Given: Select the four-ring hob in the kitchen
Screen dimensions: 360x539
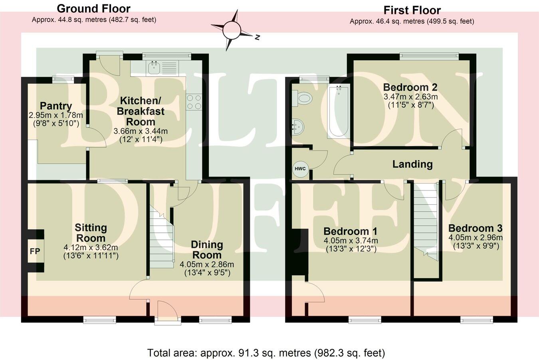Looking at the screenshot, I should click(x=194, y=101).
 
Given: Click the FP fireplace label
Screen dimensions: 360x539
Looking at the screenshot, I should click(x=35, y=252).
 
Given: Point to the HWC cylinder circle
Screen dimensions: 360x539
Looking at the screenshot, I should click(x=300, y=169).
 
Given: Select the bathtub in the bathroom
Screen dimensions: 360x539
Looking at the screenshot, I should click(x=339, y=112).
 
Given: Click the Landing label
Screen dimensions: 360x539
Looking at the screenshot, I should click(x=412, y=164).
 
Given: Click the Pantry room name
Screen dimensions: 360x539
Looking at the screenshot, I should click(x=56, y=106).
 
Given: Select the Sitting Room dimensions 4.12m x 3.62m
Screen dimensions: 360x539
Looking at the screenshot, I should click(x=91, y=247).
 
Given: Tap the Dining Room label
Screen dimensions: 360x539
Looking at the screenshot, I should click(x=206, y=250).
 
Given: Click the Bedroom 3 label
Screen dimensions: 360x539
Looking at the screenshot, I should click(x=475, y=228).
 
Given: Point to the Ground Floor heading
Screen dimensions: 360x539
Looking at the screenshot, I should click(x=93, y=8).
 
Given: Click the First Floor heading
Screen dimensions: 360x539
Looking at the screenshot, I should click(x=412, y=10).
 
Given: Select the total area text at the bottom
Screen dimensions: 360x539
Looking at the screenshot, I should click(x=266, y=353).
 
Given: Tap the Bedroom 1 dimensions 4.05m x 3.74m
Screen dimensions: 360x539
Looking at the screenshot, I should click(x=350, y=241).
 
